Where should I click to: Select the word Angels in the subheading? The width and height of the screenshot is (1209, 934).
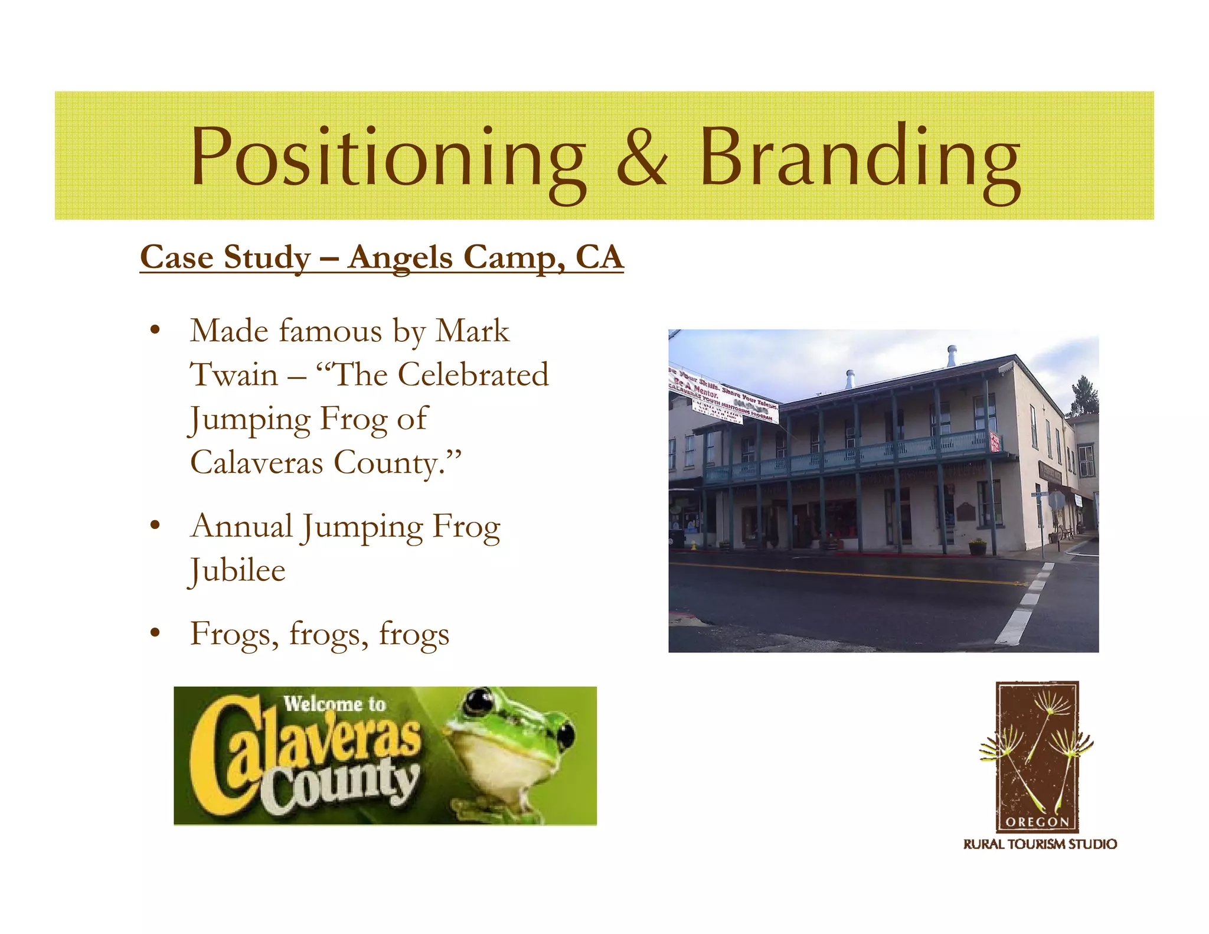click(x=400, y=258)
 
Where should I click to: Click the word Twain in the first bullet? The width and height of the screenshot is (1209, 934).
click(x=234, y=375)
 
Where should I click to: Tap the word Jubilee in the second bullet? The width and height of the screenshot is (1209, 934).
click(x=238, y=571)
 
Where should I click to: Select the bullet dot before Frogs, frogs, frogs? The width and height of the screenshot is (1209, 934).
click(x=155, y=633)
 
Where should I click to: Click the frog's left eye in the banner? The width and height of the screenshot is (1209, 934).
click(x=478, y=703)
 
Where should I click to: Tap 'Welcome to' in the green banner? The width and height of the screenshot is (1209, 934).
click(x=334, y=704)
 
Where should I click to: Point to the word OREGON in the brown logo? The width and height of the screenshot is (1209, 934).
click(x=1037, y=821)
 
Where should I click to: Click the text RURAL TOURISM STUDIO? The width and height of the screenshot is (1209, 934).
click(x=1040, y=844)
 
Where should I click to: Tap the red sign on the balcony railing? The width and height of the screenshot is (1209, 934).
click(x=995, y=441)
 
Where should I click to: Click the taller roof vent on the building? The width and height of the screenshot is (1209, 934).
click(x=952, y=356)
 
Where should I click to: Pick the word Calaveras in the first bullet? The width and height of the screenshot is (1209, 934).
click(x=257, y=462)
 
